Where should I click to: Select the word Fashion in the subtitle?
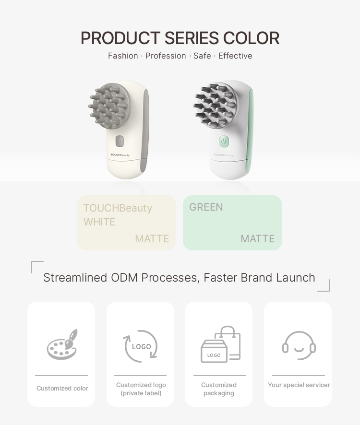(x=123, y=56)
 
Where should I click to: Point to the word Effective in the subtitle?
(x=235, y=56)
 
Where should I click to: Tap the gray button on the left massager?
(x=120, y=141)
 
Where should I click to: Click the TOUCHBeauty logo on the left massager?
(x=120, y=155)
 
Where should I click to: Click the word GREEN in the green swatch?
(x=206, y=207)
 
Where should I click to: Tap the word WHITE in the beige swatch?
(x=99, y=222)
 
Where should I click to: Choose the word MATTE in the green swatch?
(x=257, y=239)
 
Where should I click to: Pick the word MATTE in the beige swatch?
(x=152, y=239)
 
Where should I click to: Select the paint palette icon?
(x=62, y=344)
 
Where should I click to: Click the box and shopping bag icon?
(x=220, y=344)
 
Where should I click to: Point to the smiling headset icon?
(x=299, y=345)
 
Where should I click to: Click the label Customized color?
(x=62, y=389)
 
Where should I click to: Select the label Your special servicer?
(x=299, y=385)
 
